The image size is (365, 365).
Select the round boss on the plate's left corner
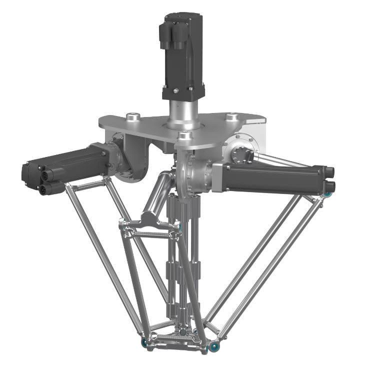tap(132, 117)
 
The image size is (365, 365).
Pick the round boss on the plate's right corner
tap(231, 117)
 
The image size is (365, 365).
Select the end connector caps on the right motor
tap(329, 179)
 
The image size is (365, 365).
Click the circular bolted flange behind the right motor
tap(243, 150)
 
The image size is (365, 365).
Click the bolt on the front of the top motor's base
tap(175, 90)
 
